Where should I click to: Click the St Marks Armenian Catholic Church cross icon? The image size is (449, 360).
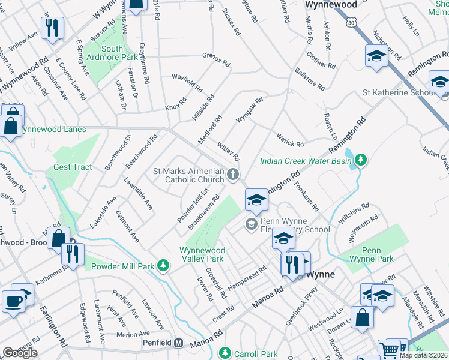click(x=233, y=175)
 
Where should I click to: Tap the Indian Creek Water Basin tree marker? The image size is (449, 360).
click(x=360, y=160)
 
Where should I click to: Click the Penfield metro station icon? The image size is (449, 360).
click(x=178, y=344)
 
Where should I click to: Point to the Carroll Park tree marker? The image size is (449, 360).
click(x=225, y=353)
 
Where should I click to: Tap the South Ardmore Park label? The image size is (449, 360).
click(x=112, y=53)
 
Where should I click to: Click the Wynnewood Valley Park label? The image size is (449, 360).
click(x=202, y=254)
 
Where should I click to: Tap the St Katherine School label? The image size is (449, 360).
click(x=398, y=93)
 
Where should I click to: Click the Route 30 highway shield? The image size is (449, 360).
click(x=352, y=22)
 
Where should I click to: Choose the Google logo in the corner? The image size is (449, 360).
click(x=20, y=353)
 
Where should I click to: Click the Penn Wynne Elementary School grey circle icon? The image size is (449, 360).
click(x=251, y=224)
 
